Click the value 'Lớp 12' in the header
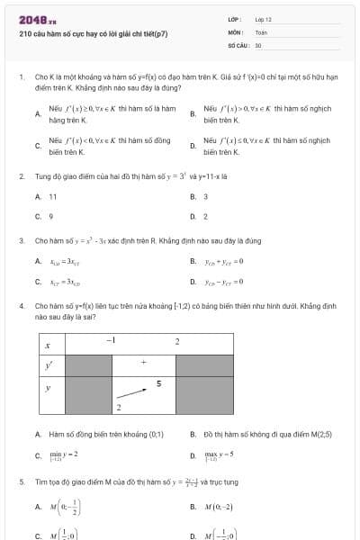point(263,19)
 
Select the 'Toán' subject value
point(261,31)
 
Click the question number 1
point(22,78)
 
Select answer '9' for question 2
point(50,216)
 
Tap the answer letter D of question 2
point(193,216)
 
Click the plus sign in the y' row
point(142,363)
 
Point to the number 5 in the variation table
point(158,383)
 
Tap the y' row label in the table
point(49,364)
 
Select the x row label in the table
point(48,344)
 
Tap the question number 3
point(22,241)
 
